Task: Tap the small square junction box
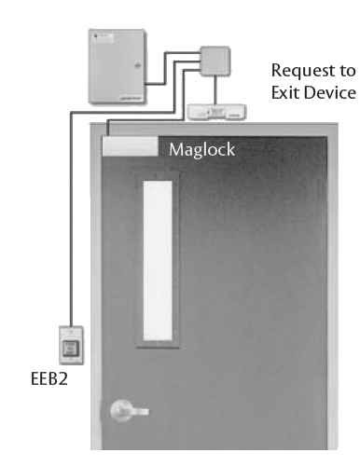pos(217,62)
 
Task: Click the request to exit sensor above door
pos(217,111)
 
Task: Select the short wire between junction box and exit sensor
pos(217,93)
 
